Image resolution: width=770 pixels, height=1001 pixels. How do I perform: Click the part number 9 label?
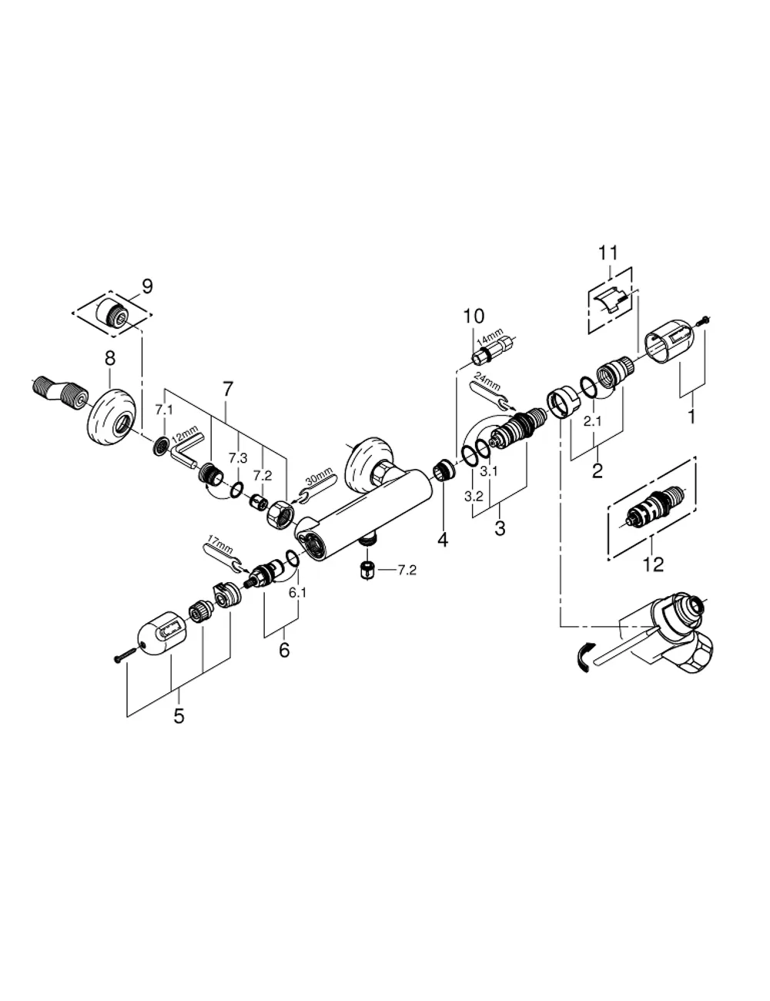point(147,286)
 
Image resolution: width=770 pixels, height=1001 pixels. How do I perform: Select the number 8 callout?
point(109,358)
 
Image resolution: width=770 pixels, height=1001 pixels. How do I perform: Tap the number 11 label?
point(608,253)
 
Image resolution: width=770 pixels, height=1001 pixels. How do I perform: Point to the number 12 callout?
point(653,564)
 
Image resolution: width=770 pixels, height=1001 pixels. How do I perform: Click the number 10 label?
point(474,316)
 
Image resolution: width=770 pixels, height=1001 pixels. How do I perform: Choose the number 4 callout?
point(443,540)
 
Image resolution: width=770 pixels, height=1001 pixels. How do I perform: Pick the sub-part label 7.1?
point(163,410)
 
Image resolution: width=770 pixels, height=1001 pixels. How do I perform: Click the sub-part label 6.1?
point(297,593)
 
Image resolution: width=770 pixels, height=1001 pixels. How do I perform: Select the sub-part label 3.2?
point(474,496)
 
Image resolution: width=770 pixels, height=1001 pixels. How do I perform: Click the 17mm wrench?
point(223,557)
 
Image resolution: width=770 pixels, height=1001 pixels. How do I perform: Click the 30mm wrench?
point(316,486)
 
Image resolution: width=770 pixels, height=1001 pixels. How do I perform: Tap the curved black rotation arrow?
point(582,658)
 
